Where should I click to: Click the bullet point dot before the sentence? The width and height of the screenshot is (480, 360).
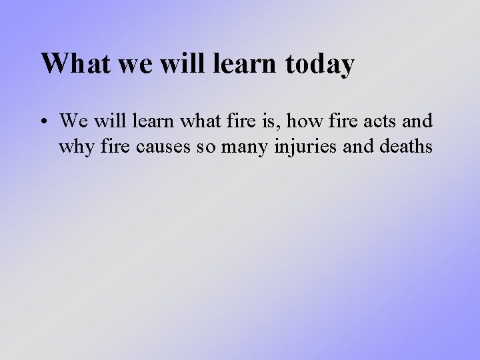tap(45, 122)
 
